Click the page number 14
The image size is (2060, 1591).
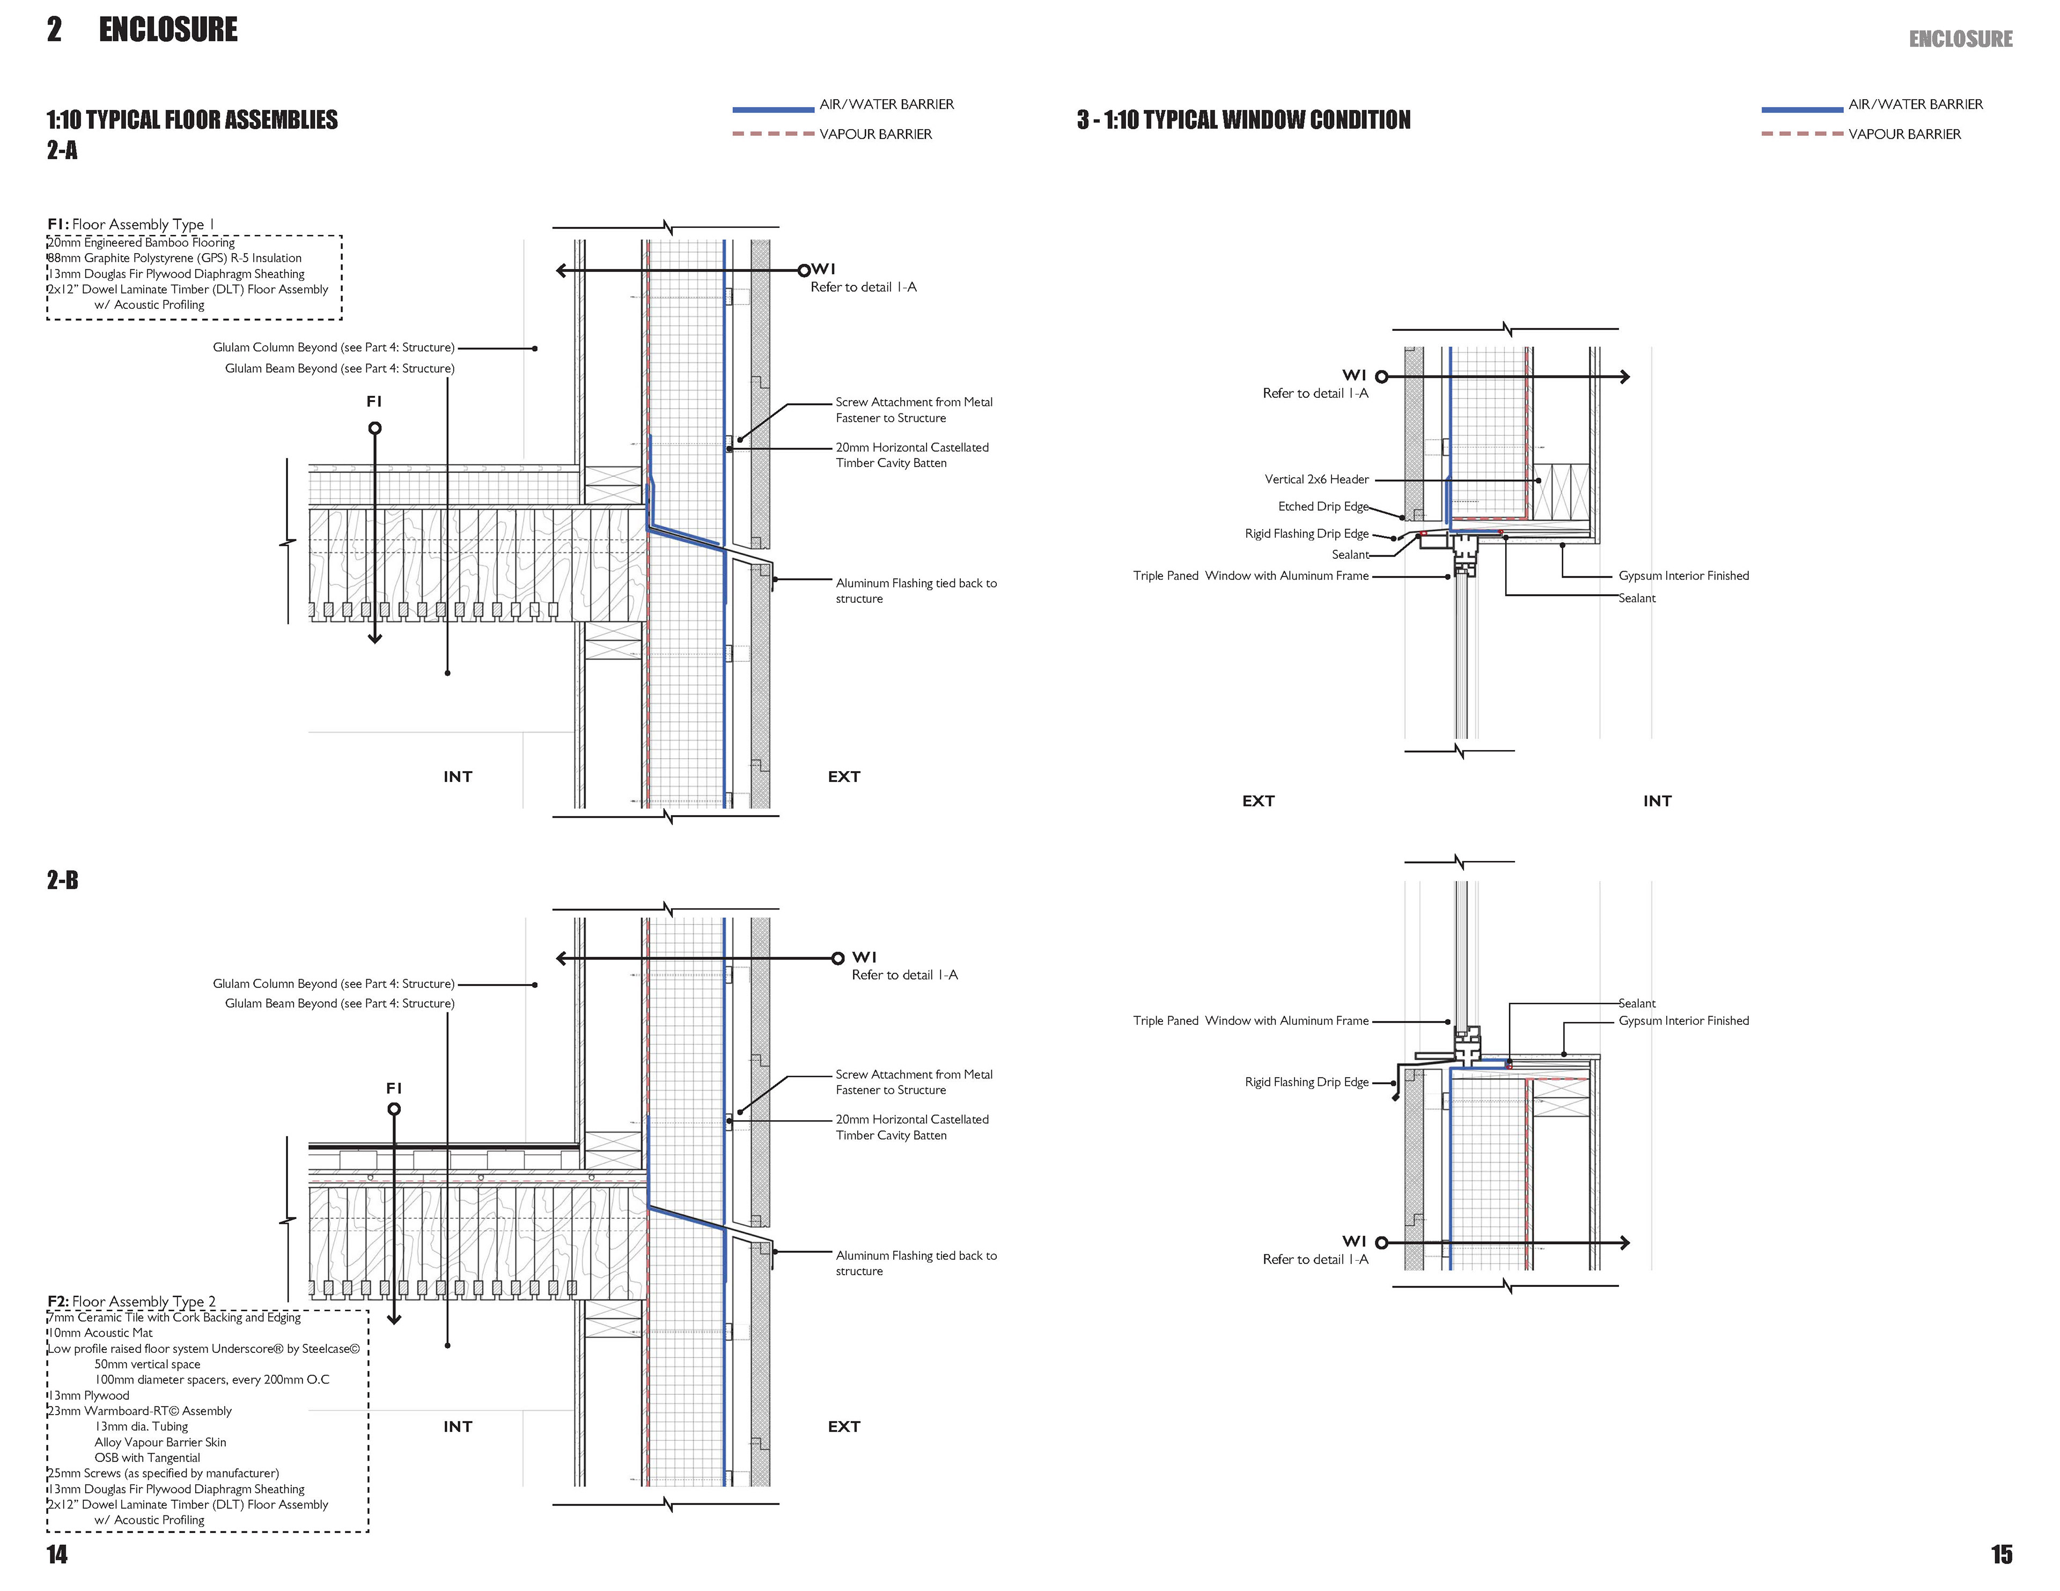coord(57,1554)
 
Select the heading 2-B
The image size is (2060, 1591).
coord(62,880)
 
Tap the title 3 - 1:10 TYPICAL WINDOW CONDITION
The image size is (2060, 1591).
coord(1243,120)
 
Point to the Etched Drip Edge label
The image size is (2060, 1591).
coord(1322,506)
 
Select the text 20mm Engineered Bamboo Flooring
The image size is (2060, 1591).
coord(142,242)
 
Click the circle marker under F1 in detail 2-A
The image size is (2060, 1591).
coord(374,428)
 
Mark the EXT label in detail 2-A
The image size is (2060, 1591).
coord(843,776)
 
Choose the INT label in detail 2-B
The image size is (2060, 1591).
coord(458,1426)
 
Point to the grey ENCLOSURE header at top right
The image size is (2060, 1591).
coord(1960,39)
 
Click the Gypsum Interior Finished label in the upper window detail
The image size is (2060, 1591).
coord(1683,575)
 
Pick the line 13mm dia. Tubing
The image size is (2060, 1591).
coord(142,1426)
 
